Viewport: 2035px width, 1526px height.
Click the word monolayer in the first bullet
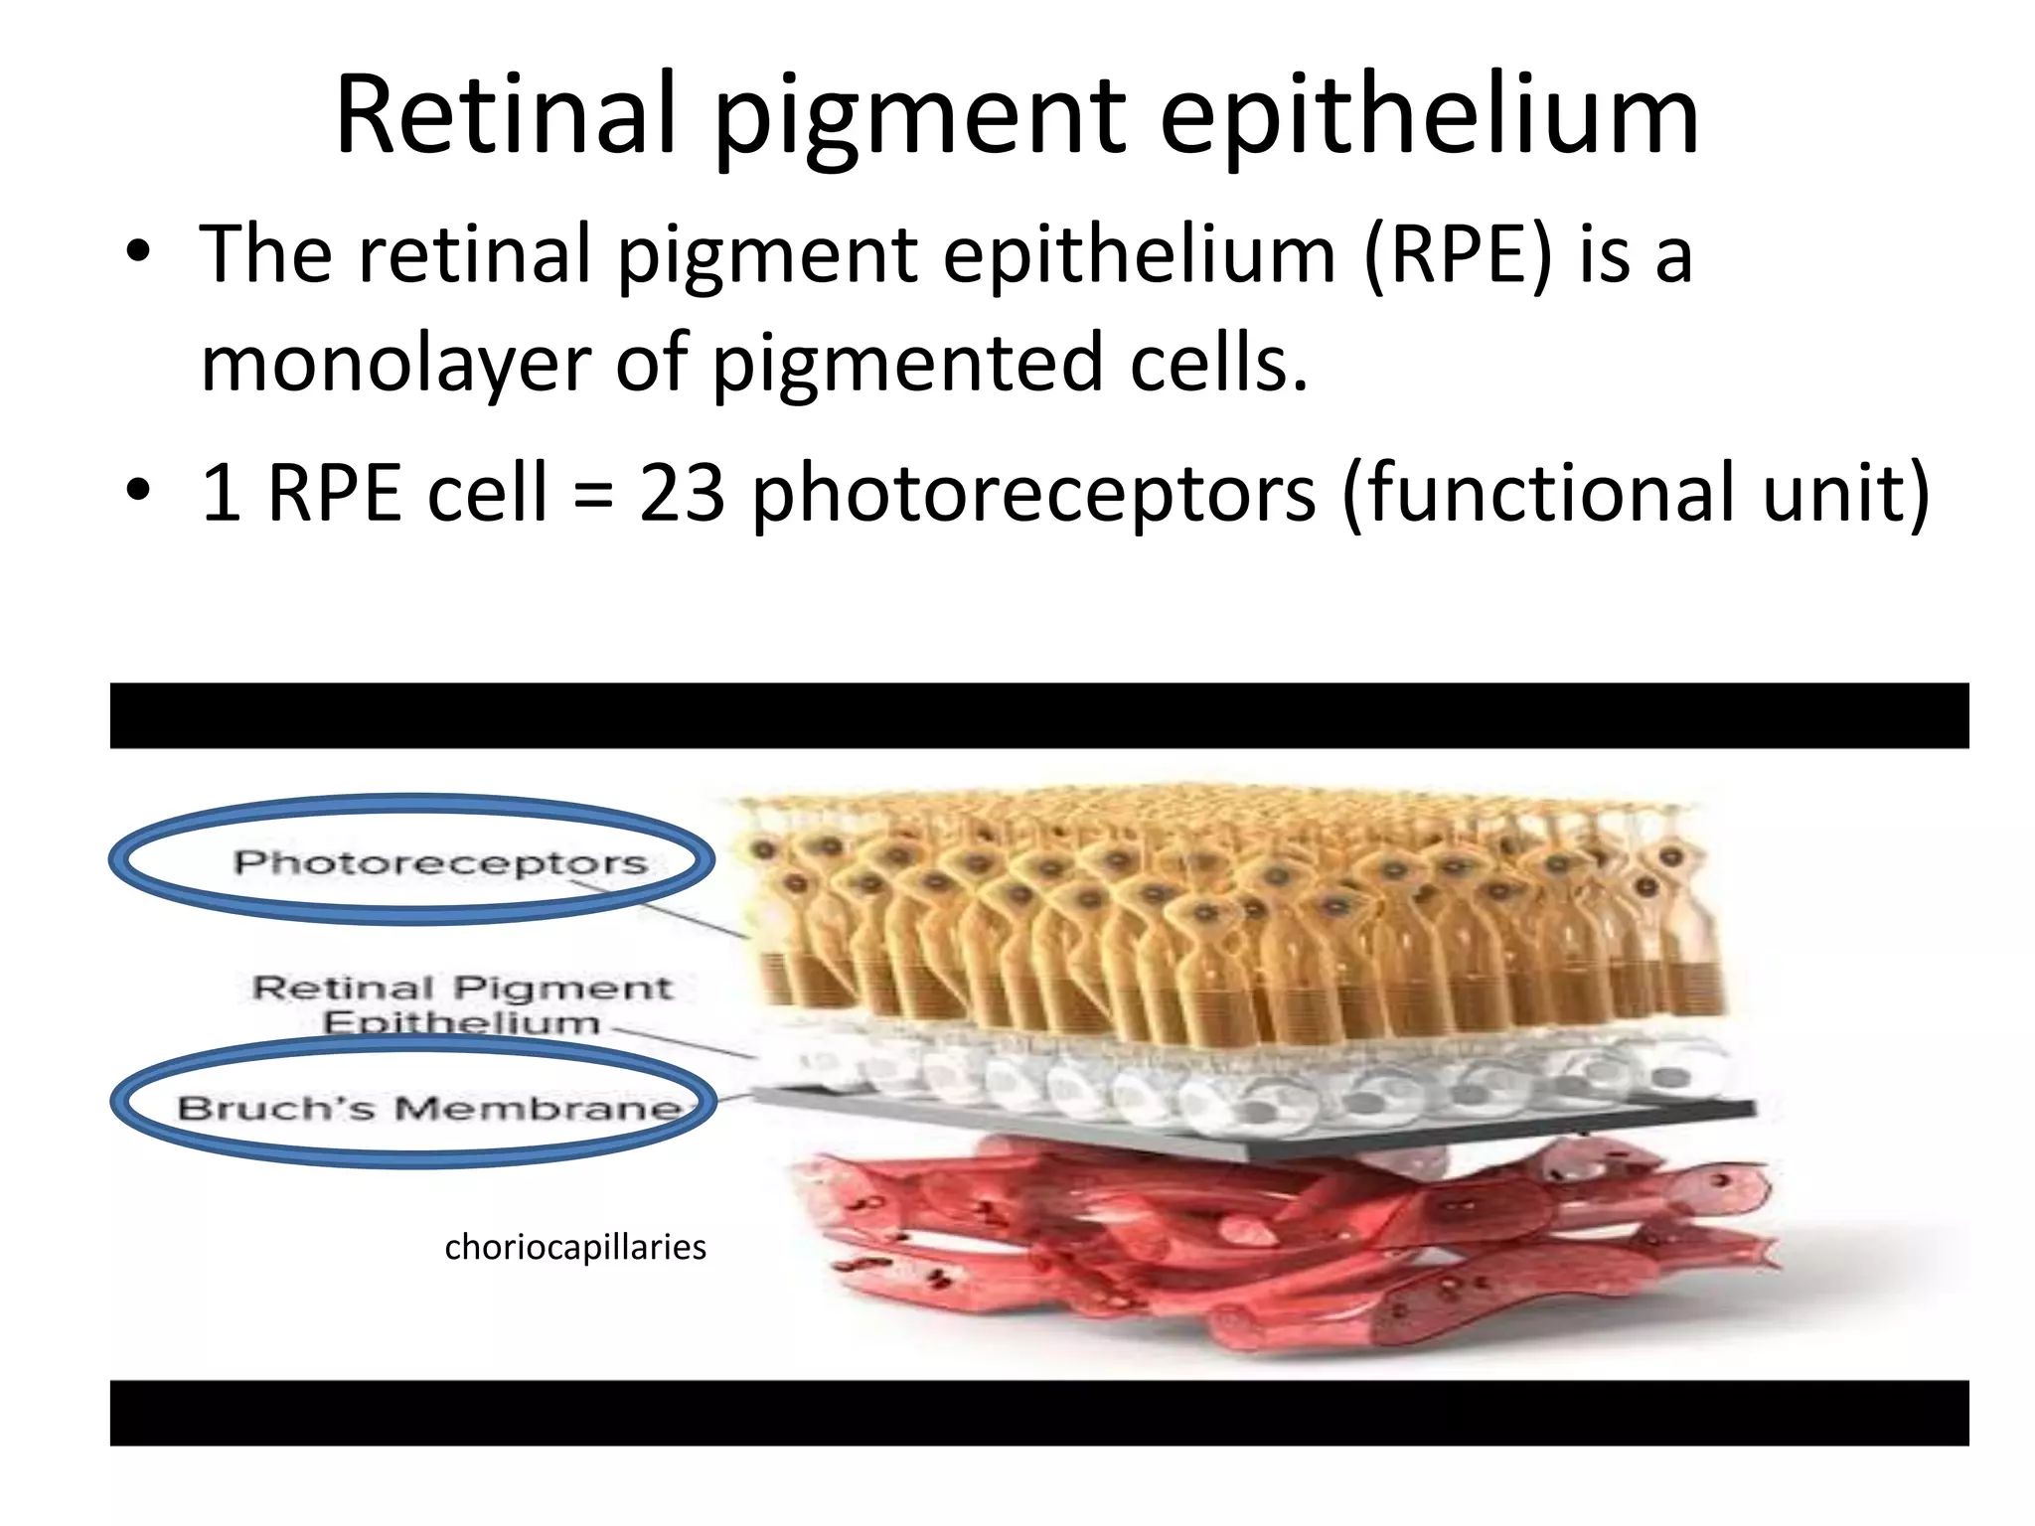click(x=395, y=365)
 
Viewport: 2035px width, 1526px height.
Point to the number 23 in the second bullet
click(x=682, y=494)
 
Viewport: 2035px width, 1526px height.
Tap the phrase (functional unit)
click(x=1636, y=494)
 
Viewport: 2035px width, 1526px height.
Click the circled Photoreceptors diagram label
click(x=440, y=861)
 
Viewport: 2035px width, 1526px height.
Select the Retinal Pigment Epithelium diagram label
click(x=462, y=1003)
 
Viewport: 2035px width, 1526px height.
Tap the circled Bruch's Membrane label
click(x=429, y=1107)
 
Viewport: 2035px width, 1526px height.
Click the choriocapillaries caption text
click(x=575, y=1247)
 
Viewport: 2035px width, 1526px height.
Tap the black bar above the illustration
click(x=1038, y=715)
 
